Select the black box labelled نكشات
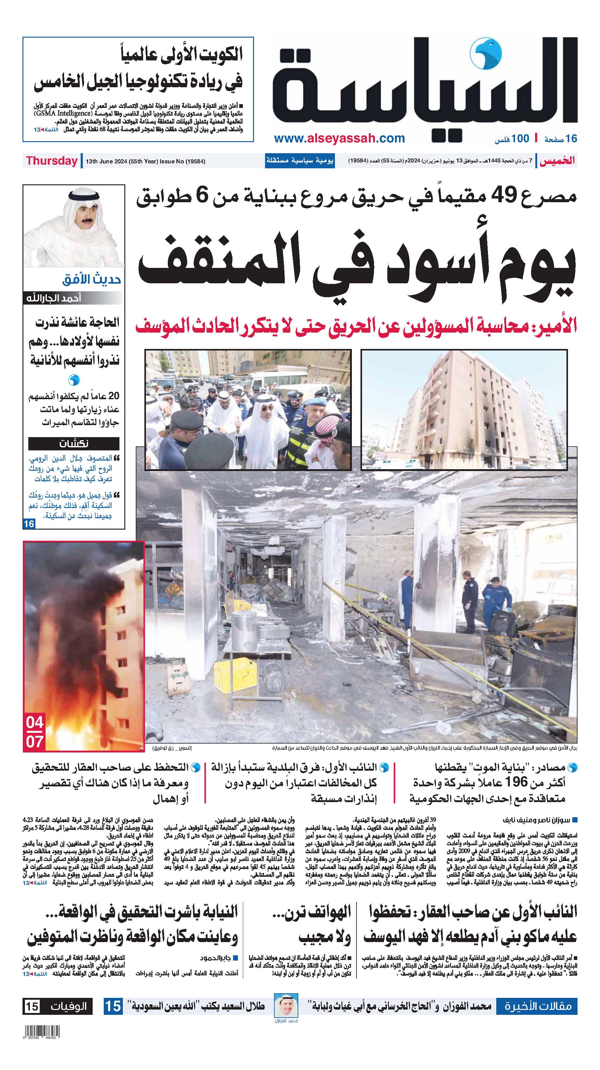74,444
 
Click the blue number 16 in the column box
29,524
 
